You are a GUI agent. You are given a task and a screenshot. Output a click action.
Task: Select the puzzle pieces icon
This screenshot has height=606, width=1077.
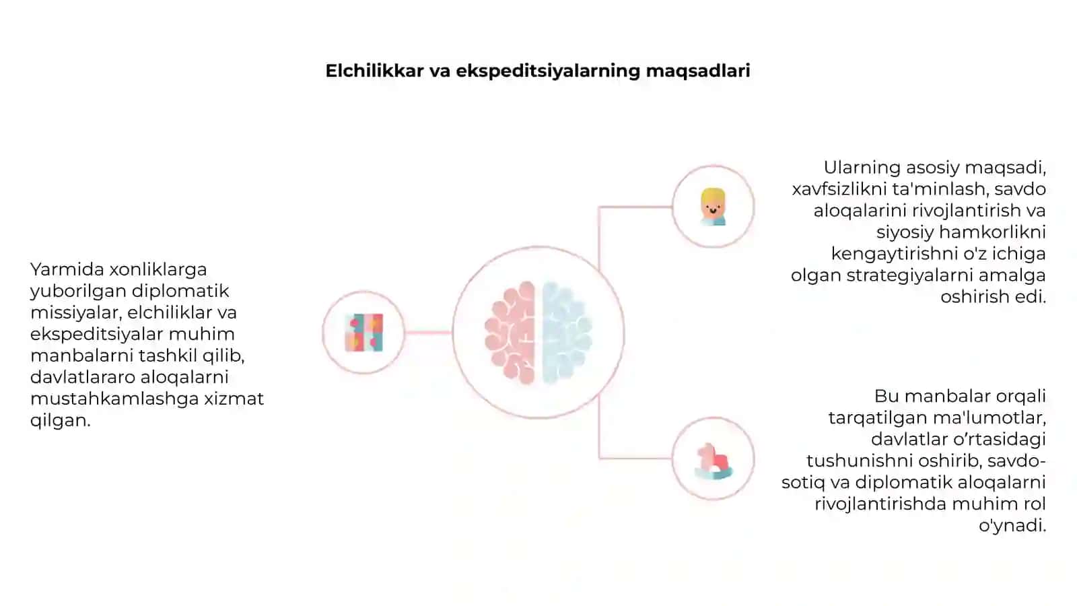(x=364, y=333)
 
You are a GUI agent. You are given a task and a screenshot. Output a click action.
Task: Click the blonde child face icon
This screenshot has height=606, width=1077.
(x=713, y=207)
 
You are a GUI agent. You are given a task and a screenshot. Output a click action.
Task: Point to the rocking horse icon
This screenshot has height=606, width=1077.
(x=714, y=461)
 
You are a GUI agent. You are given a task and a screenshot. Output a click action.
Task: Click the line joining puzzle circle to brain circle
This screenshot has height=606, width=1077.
(x=428, y=333)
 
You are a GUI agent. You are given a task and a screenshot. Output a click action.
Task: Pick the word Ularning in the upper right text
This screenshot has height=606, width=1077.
(x=862, y=168)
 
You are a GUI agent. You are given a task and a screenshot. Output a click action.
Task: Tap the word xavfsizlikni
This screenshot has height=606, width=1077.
(x=839, y=189)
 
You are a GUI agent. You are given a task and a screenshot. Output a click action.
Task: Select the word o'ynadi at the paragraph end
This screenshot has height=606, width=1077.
(x=1012, y=526)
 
